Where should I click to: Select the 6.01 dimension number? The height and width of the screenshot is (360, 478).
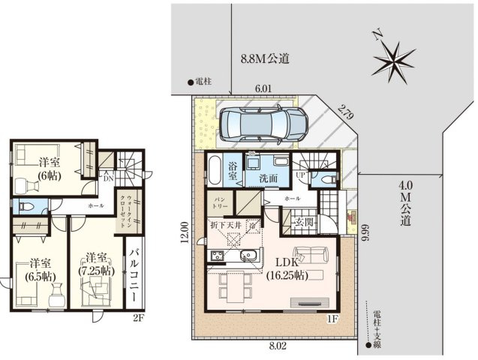click(263, 88)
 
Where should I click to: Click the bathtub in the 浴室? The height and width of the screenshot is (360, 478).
click(215, 169)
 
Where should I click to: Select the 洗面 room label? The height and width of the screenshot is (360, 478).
click(269, 179)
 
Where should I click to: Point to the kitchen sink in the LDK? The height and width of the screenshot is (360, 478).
click(248, 256)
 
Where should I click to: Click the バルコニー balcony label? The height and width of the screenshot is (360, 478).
click(134, 275)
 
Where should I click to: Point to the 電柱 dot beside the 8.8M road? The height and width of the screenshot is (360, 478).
click(190, 82)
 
